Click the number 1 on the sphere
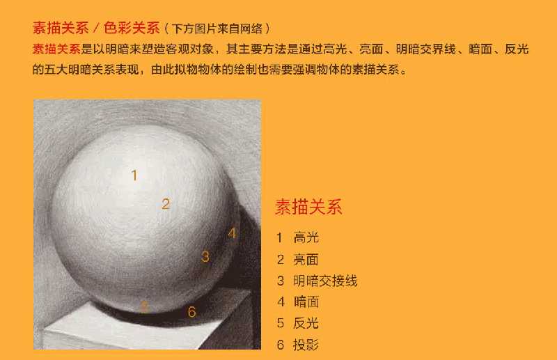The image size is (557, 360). (134, 175)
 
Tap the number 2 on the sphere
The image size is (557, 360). (166, 204)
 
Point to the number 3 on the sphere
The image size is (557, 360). (205, 256)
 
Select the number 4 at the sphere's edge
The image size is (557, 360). (233, 233)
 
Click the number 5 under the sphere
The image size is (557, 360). (143, 306)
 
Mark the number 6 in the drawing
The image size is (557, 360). (192, 312)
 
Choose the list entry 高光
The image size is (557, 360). (306, 237)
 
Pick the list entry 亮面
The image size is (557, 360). (306, 259)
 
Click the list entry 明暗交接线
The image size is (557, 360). (325, 281)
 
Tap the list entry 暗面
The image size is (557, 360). (306, 302)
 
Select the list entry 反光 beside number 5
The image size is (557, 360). (306, 323)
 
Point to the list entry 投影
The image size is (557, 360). (306, 344)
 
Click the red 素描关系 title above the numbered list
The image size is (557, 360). (308, 207)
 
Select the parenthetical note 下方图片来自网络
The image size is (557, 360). (217, 29)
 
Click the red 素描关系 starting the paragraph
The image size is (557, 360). (56, 49)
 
